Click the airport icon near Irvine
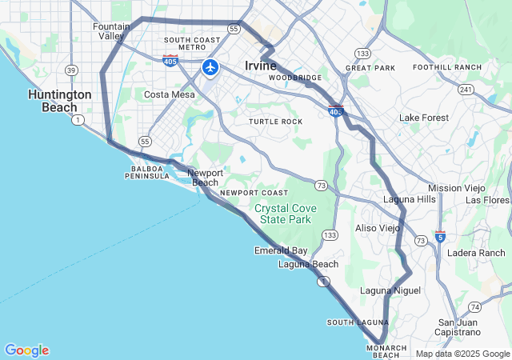click(x=210, y=67)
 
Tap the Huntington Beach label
click(x=59, y=100)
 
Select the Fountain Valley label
click(x=111, y=31)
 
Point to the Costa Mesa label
click(x=169, y=94)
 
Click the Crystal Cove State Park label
click(x=286, y=214)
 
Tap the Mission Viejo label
click(x=457, y=188)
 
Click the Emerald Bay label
click(x=281, y=250)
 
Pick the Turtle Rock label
click(x=275, y=122)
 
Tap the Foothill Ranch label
click(x=447, y=67)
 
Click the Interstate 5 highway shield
click(x=440, y=237)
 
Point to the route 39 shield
click(x=71, y=70)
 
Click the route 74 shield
click(x=475, y=307)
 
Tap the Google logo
click(x=26, y=350)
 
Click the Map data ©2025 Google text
click(x=462, y=354)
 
